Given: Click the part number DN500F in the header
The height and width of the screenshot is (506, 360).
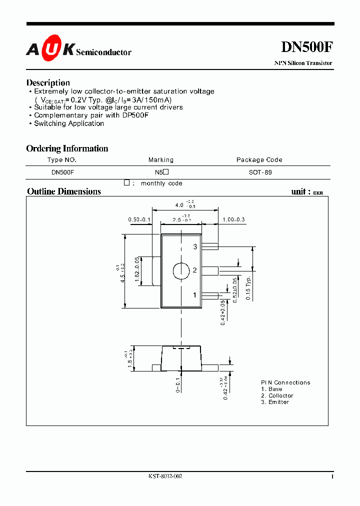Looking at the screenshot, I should pos(306,47).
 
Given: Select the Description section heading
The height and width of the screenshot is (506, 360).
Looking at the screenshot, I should pos(48,82).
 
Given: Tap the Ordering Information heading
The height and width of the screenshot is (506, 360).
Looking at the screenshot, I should pos(67,148).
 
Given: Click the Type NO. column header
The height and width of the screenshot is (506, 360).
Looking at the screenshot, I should pos(62,160).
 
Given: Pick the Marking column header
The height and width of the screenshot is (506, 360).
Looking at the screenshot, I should pos(161,160).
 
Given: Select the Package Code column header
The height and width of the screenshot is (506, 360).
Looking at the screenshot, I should pos(259,160).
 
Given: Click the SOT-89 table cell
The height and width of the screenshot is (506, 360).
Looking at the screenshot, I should pos(260,172).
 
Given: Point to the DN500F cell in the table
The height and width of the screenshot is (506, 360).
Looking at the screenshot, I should pos(63,172).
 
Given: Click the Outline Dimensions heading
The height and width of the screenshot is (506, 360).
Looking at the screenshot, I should pos(64,191).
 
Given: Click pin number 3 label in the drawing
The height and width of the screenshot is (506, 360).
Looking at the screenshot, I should pos(195,247).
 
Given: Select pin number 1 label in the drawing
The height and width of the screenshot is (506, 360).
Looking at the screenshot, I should pos(195,295).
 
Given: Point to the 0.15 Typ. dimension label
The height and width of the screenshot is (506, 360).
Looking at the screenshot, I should pos(248,287).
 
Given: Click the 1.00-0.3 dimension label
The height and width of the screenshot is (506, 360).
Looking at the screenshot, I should pos(233,220).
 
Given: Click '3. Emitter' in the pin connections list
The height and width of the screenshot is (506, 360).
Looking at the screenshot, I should pos(275,402).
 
